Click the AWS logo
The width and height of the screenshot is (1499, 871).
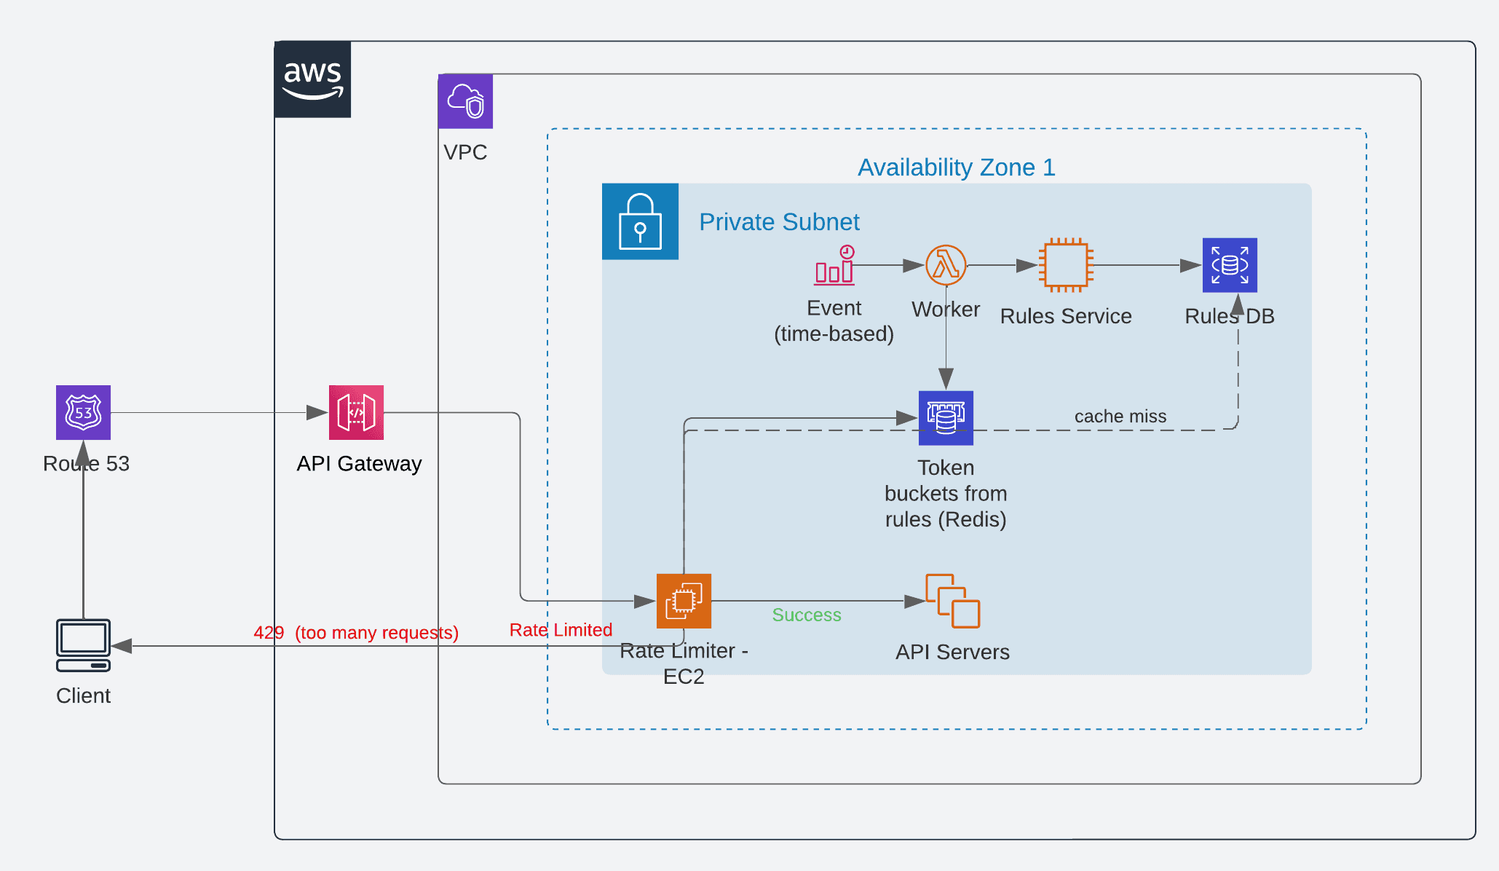click(312, 79)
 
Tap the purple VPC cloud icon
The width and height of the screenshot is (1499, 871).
click(465, 101)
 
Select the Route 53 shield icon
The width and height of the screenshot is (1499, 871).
click(84, 412)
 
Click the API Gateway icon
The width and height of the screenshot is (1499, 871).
click(356, 412)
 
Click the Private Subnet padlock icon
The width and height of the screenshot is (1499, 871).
click(640, 221)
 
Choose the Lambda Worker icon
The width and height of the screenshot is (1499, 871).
click(946, 265)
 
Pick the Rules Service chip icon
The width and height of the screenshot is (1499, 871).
click(1066, 265)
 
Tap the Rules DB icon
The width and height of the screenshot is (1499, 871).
click(1230, 265)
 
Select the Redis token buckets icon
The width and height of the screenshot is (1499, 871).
click(946, 418)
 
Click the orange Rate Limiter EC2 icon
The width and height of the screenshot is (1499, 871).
click(684, 601)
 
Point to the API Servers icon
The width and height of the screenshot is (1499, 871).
click(952, 601)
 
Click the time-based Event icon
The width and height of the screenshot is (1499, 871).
click(834, 267)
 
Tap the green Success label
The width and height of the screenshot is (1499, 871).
click(807, 615)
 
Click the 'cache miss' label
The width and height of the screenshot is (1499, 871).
click(1120, 417)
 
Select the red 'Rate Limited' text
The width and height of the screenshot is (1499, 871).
click(561, 630)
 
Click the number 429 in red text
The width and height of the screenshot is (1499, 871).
click(269, 633)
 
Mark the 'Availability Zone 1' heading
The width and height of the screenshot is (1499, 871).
click(956, 167)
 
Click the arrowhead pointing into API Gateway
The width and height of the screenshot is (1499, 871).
click(317, 413)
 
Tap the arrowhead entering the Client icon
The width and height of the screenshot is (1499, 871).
click(122, 646)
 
